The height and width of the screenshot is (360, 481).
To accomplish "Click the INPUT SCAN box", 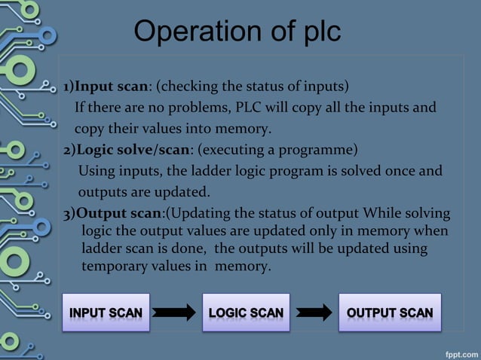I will point(106,313).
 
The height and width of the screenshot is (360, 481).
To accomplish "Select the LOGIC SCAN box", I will point(246,313).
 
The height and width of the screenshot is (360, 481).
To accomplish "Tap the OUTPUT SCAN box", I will point(389,313).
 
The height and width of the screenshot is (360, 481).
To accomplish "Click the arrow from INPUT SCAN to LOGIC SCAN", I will point(176,313).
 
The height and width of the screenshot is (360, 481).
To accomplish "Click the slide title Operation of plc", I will point(237,32).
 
